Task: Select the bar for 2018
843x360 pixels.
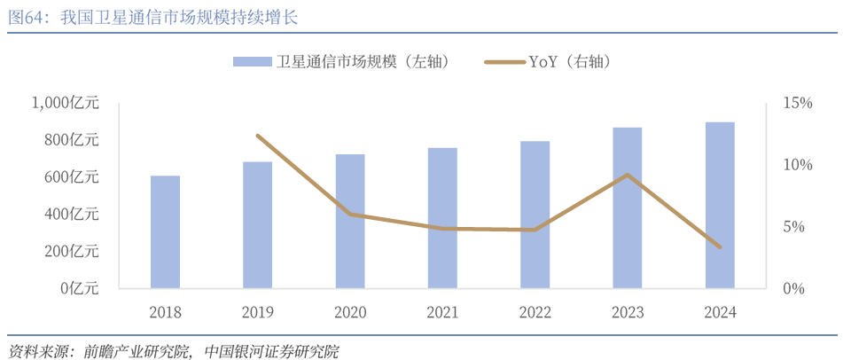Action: pyautogui.click(x=165, y=232)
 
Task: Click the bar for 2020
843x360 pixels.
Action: pyautogui.click(x=350, y=222)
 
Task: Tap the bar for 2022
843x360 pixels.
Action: pyautogui.click(x=535, y=215)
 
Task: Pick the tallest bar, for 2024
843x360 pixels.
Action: pyautogui.click(x=720, y=205)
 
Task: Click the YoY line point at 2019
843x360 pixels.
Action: pyautogui.click(x=257, y=136)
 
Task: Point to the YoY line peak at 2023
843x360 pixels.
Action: pyautogui.click(x=628, y=175)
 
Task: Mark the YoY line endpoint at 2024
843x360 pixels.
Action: pyautogui.click(x=720, y=247)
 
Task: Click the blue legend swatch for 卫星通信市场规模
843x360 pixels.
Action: pyautogui.click(x=252, y=61)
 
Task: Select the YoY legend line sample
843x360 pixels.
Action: pyautogui.click(x=504, y=61)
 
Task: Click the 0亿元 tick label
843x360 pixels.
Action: pyautogui.click(x=81, y=289)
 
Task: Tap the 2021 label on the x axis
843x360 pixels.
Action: pyautogui.click(x=442, y=312)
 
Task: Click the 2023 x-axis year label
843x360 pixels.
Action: pyautogui.click(x=628, y=312)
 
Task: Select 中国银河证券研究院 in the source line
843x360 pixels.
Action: pyautogui.click(x=271, y=350)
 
